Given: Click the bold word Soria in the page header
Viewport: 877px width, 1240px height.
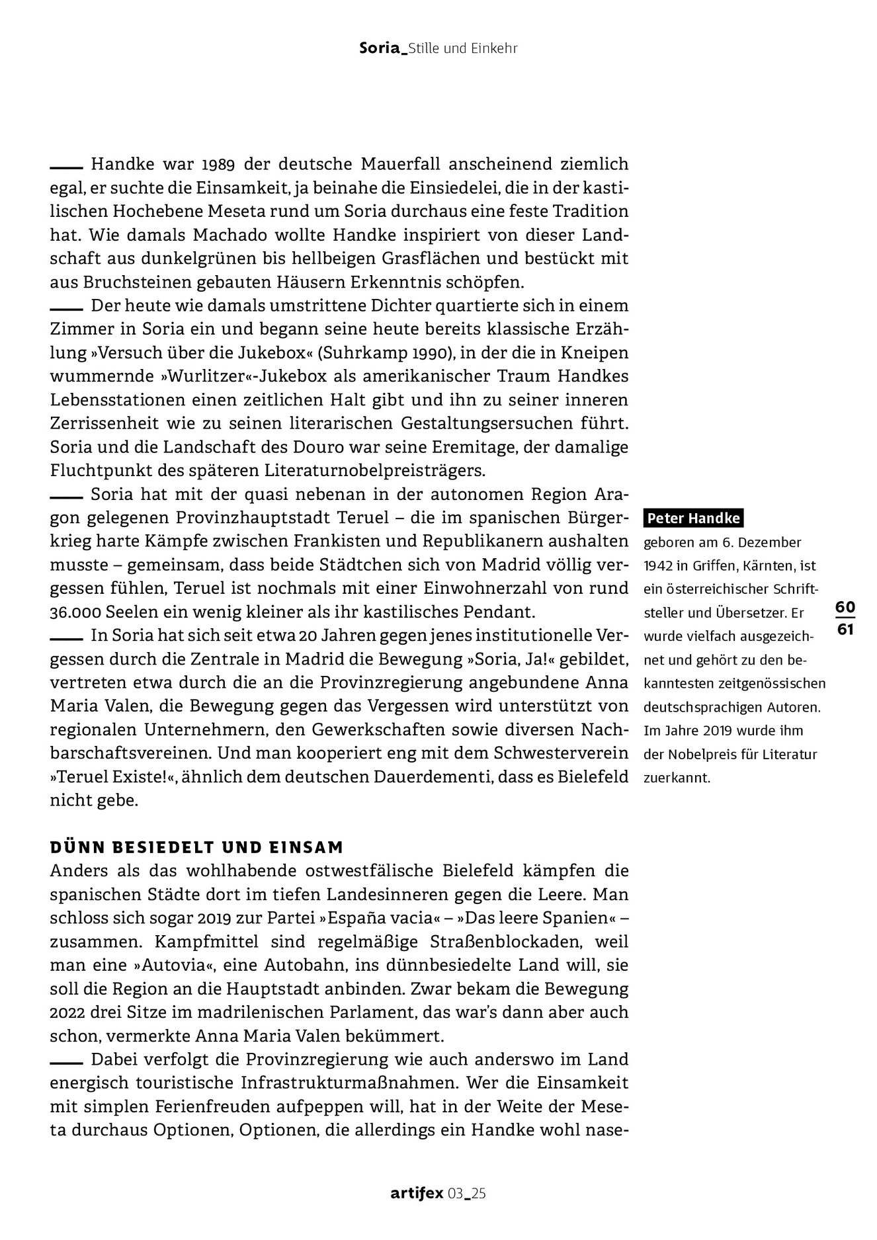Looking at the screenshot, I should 381,48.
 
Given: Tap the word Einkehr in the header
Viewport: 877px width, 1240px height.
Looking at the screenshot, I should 493,48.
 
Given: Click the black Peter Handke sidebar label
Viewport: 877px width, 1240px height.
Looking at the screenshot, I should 693,518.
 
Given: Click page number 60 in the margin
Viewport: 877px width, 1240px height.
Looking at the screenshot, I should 845,606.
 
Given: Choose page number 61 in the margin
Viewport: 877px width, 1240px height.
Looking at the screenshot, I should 845,629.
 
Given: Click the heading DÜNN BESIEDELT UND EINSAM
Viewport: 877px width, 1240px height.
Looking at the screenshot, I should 197,848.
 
